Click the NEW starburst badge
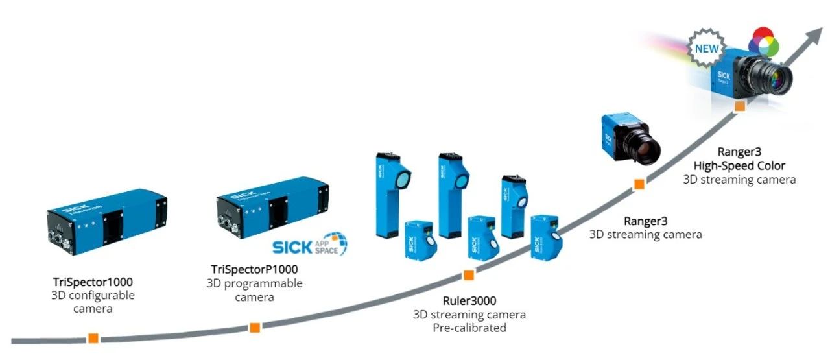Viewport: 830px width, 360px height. [x=707, y=49]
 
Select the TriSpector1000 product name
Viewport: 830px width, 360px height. [x=93, y=282]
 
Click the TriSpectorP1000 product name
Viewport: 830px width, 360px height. [x=255, y=269]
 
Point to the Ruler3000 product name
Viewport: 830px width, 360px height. [x=469, y=300]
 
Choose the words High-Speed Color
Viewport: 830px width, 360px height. [x=739, y=165]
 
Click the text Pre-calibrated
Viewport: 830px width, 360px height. [x=469, y=328]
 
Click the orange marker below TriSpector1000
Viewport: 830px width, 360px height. [x=93, y=338]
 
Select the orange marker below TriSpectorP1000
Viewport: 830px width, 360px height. [x=255, y=327]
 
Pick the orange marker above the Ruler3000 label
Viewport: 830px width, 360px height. [x=468, y=276]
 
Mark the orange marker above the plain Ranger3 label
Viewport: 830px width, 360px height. [x=639, y=185]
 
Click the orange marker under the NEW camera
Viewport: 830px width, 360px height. [x=739, y=106]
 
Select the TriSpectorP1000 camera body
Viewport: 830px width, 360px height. [x=272, y=204]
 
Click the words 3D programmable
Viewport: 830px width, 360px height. [x=255, y=283]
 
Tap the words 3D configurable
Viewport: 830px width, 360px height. [x=93, y=296]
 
